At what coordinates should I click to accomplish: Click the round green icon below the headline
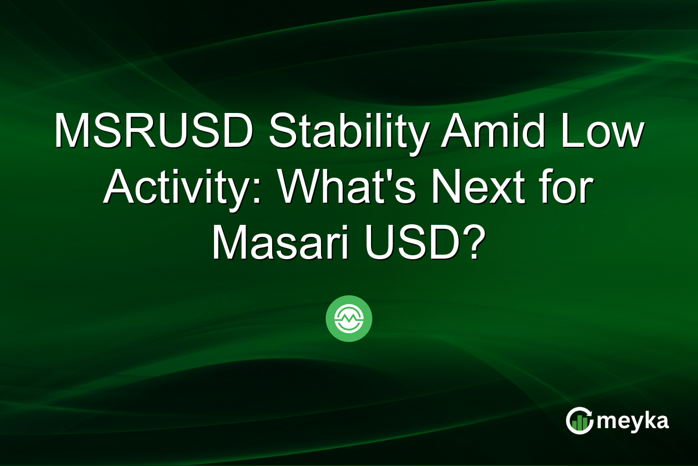pos(349,319)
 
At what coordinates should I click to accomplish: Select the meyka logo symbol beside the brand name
pos(579,421)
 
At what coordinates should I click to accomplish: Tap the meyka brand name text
pos(633,421)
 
